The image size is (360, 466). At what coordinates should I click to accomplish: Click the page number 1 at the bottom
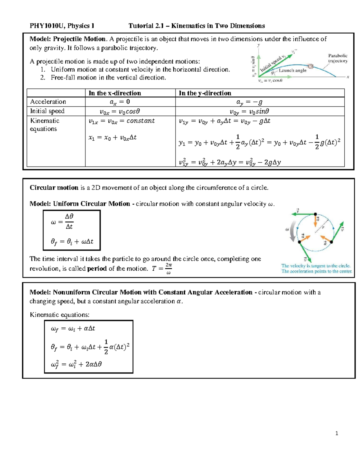pyautogui.click(x=337, y=433)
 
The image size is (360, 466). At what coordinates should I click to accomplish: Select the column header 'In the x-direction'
pyautogui.click(x=115, y=93)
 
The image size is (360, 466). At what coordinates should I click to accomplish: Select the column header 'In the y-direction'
pyautogui.click(x=205, y=93)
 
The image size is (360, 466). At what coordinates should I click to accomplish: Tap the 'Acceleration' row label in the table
pyautogui.click(x=48, y=102)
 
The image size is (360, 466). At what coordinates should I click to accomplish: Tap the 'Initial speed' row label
pyautogui.click(x=47, y=111)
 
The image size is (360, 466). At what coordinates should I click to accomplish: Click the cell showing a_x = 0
pyautogui.click(x=120, y=102)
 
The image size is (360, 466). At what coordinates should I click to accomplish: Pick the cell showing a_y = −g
pyautogui.click(x=249, y=102)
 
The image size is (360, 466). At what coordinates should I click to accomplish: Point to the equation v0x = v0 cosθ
pyautogui.click(x=120, y=112)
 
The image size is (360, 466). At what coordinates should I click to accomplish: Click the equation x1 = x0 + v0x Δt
pyautogui.click(x=112, y=138)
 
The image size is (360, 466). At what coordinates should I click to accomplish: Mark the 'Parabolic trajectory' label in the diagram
pyautogui.click(x=338, y=58)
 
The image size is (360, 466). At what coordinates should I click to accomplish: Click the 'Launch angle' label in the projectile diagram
pyautogui.click(x=292, y=71)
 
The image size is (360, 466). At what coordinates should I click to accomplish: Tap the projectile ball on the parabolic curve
pyautogui.click(x=311, y=66)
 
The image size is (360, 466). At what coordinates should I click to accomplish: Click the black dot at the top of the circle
pyautogui.click(x=315, y=214)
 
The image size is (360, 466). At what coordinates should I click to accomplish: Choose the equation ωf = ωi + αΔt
pyautogui.click(x=73, y=329)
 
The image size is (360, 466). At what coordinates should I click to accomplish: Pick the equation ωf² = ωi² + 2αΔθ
pyautogui.click(x=76, y=365)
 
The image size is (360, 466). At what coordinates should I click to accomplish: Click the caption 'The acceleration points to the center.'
pyautogui.click(x=316, y=271)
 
